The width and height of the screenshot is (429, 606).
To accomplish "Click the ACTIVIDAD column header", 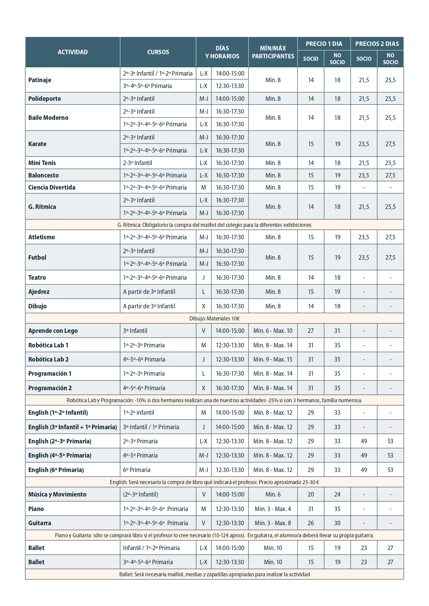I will click(x=73, y=52).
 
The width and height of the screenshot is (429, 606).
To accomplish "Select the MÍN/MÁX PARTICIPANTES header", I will click(x=273, y=52).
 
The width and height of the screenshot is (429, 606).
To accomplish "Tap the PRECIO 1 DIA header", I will click(x=324, y=44).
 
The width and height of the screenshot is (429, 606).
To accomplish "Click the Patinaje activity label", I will click(x=40, y=80).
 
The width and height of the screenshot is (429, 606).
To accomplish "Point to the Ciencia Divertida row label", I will click(x=52, y=187).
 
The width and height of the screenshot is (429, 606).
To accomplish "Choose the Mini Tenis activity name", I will click(x=42, y=163).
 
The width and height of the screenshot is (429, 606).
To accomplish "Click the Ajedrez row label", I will click(x=39, y=292).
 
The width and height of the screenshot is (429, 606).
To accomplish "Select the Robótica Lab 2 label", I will click(x=48, y=359).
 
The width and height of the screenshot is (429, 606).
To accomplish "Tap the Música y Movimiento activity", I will click(x=57, y=494).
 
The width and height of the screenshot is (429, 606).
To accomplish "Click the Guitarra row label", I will click(x=40, y=523).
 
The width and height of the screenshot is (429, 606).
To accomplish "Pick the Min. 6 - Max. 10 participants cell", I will click(x=273, y=331).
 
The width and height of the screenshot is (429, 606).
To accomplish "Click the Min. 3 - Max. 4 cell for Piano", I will click(x=273, y=509).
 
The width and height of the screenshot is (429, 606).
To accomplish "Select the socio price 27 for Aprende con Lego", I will click(x=311, y=331).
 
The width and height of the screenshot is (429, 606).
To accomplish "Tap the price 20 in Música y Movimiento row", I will click(x=311, y=494).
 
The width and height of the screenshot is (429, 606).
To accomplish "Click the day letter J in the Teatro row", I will click(x=204, y=278).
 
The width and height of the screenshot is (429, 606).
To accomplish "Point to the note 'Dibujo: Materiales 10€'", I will click(x=214, y=319).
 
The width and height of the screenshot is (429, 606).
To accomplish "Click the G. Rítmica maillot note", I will click(x=214, y=225).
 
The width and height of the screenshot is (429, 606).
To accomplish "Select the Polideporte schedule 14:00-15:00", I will click(x=230, y=99).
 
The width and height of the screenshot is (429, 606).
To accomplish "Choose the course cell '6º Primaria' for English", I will click(x=137, y=470).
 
